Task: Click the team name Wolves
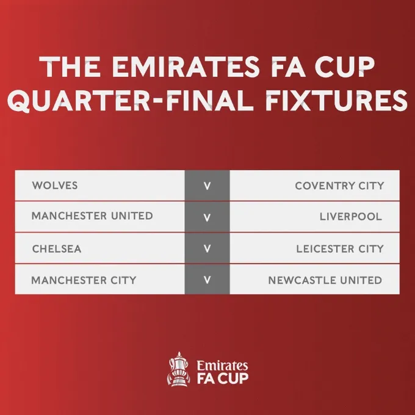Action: pyautogui.click(x=55, y=185)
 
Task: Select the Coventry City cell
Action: pyautogui.click(x=339, y=186)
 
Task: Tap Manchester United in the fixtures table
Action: pyautogui.click(x=92, y=217)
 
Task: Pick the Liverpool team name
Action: pyautogui.click(x=351, y=217)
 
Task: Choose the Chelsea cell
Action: pyautogui.click(x=56, y=248)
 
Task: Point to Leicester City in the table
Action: pyautogui.click(x=340, y=248)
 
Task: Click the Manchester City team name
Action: pyautogui.click(x=84, y=280)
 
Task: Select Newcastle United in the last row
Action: pyautogui.click(x=325, y=280)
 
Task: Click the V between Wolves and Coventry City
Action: pyautogui.click(x=207, y=186)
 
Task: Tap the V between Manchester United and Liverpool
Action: pyautogui.click(x=207, y=217)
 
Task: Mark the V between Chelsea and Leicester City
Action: pyautogui.click(x=207, y=248)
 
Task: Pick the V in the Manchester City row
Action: pyautogui.click(x=207, y=280)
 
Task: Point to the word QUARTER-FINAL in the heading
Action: pyautogui.click(x=121, y=101)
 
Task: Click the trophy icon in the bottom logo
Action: pyautogui.click(x=179, y=369)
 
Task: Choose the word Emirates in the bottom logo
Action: pyautogui.click(x=222, y=365)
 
